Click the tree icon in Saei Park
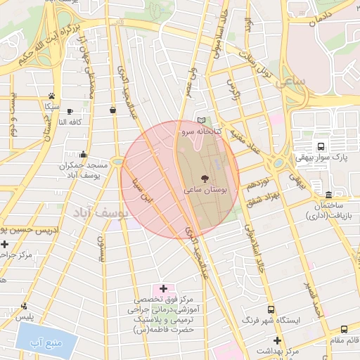(205, 179)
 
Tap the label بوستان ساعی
(205, 190)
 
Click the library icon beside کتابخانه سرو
(203, 120)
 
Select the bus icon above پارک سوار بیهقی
(321, 146)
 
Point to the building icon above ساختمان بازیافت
(329, 194)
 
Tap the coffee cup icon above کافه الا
(69, 111)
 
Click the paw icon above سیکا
(51, 95)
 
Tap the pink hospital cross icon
(164, 288)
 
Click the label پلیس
(25, 317)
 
